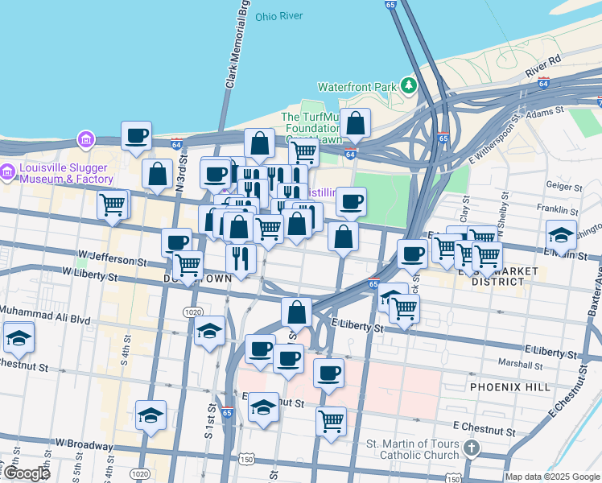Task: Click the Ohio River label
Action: click(278, 16)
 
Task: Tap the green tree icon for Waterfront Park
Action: click(410, 85)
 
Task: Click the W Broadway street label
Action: click(85, 444)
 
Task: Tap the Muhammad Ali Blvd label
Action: click(45, 309)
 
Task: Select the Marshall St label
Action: click(515, 363)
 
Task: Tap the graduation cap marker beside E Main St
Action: click(561, 235)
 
